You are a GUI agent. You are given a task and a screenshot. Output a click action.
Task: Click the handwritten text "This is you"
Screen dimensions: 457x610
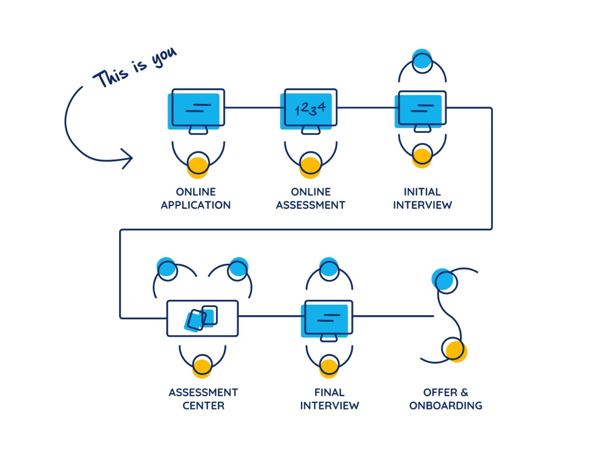135,68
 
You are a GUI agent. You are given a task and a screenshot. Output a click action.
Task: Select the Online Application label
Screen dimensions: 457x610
195,199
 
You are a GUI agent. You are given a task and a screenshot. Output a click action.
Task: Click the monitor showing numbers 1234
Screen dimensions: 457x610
310,109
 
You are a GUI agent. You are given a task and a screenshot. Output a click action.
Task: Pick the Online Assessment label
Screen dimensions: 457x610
310,199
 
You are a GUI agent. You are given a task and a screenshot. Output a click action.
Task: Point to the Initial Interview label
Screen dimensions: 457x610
422,199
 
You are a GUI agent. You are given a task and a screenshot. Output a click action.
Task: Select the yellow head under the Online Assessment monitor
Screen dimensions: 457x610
310,167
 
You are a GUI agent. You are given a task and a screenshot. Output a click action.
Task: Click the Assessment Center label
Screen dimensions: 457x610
203,399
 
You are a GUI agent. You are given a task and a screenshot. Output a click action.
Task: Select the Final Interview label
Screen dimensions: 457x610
329,399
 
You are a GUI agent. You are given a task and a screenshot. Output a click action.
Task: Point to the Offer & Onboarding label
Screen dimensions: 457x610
446,399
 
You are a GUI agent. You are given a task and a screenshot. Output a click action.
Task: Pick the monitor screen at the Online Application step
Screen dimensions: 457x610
197,109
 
